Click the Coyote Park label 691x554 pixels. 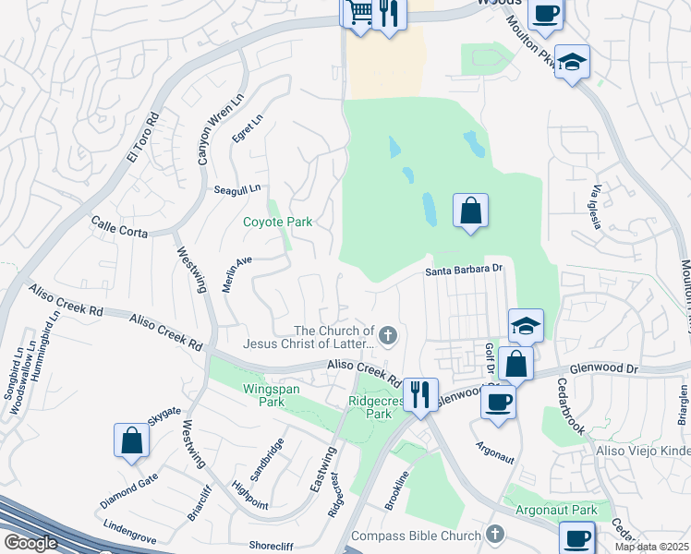277,222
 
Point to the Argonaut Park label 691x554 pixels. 557,510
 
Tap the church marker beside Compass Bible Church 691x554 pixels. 495,535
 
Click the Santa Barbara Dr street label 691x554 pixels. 462,271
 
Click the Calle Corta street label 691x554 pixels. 119,227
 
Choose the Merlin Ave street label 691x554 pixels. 237,272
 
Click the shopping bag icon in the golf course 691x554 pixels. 470,210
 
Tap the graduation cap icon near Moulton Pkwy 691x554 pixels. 572,63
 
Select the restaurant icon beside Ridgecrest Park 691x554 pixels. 420,393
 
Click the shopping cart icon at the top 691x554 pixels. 359,13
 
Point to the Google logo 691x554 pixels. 30,543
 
